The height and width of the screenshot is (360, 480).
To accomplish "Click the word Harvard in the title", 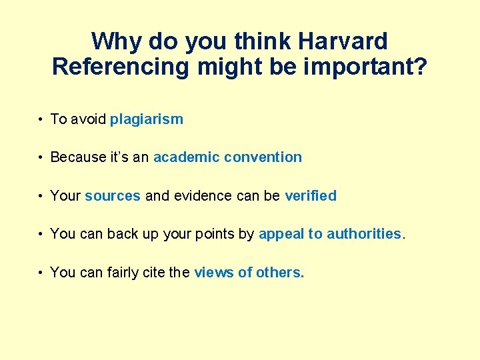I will (343, 41).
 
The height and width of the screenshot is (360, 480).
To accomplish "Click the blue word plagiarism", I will (147, 119).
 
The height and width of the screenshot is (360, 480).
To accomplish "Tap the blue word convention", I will (263, 157).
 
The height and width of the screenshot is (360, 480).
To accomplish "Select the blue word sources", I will (113, 196).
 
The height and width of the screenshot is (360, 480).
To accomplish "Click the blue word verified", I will (311, 196).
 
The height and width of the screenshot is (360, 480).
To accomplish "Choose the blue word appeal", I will (281, 234).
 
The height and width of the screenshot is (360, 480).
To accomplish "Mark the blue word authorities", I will (364, 234).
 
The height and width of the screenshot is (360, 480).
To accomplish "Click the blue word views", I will (211, 272).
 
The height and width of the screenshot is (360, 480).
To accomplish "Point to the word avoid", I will (87, 119).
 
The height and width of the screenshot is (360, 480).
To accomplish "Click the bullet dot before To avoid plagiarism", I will (41, 120).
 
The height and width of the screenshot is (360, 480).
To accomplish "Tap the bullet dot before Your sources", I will (41, 197).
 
